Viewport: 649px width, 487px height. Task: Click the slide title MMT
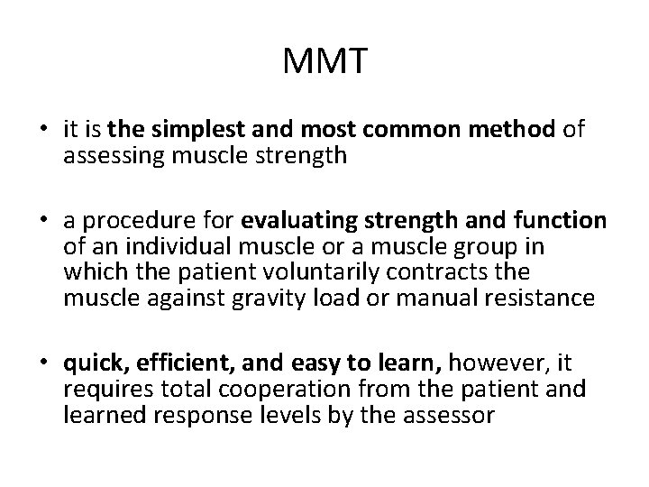click(324, 63)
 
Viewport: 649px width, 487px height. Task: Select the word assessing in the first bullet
click(104, 155)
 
